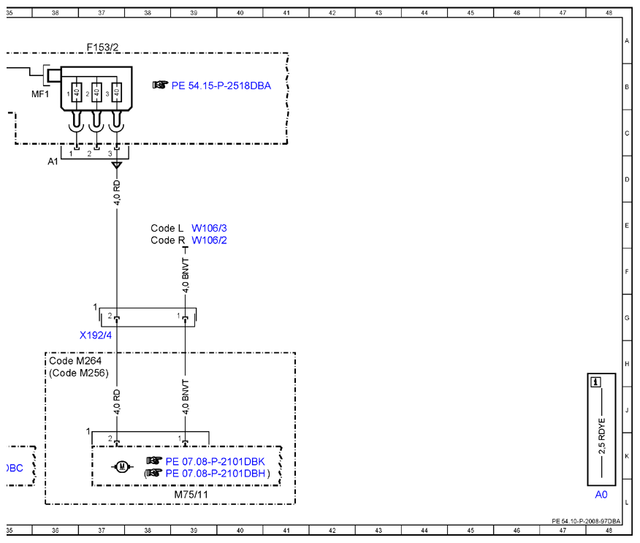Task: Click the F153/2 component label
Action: click(x=102, y=48)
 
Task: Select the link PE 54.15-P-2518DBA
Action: click(x=221, y=86)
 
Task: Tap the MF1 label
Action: click(x=40, y=94)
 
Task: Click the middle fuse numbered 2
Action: click(x=96, y=93)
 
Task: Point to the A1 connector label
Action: click(x=53, y=162)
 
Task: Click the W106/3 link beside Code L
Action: click(x=209, y=228)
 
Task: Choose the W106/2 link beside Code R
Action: click(x=209, y=240)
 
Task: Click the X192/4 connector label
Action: click(x=96, y=335)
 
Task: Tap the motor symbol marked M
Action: click(x=121, y=466)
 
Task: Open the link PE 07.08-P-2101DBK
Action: click(x=215, y=462)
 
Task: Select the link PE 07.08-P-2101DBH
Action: click(x=215, y=474)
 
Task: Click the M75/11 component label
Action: click(x=191, y=495)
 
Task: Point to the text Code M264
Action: click(x=75, y=361)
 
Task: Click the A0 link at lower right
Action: click(x=601, y=495)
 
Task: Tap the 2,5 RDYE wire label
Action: click(x=601, y=436)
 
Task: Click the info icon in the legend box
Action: click(x=596, y=382)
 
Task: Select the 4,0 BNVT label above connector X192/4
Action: click(x=186, y=276)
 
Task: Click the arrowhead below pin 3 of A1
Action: click(x=117, y=165)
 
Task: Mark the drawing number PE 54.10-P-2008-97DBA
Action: click(x=586, y=521)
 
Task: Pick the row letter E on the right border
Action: click(x=627, y=225)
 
